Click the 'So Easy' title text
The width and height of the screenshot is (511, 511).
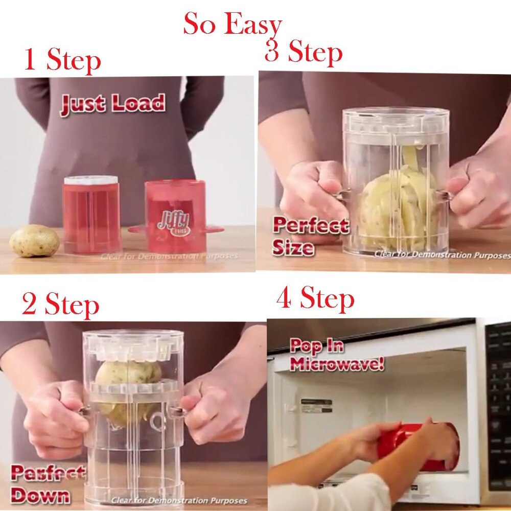pyautogui.click(x=233, y=25)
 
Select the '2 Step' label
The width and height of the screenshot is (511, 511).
pyautogui.click(x=60, y=305)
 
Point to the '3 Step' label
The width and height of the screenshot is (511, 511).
pyautogui.click(x=304, y=52)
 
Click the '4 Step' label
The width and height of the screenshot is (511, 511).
pyautogui.click(x=315, y=298)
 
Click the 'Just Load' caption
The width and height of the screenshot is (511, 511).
pyautogui.click(x=113, y=104)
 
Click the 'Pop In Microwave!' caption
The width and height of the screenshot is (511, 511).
pyautogui.click(x=336, y=355)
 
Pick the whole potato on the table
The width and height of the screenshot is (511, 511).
pyautogui.click(x=34, y=241)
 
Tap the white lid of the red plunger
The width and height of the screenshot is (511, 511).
pyautogui.click(x=91, y=180)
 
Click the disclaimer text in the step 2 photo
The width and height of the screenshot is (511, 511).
pyautogui.click(x=179, y=501)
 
